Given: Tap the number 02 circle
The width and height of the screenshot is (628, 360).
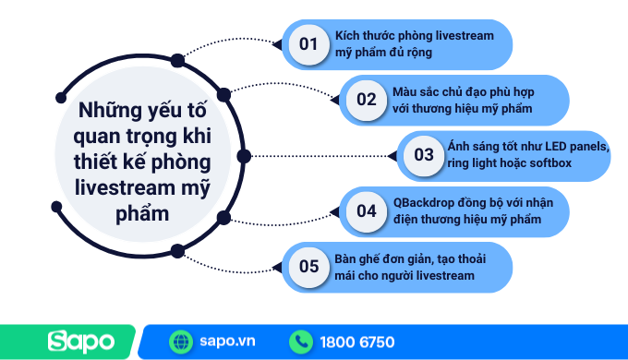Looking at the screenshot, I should coord(367,100).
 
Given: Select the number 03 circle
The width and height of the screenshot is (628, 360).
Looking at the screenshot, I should coord(424,155).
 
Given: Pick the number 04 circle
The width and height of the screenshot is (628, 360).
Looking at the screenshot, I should coord(367,210).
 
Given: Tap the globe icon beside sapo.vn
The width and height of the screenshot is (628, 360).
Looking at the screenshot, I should coord(181,342).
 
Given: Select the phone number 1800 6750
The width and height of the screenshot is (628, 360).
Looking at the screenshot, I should coord(357,342).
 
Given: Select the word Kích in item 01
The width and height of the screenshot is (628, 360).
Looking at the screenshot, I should coord(347,35).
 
